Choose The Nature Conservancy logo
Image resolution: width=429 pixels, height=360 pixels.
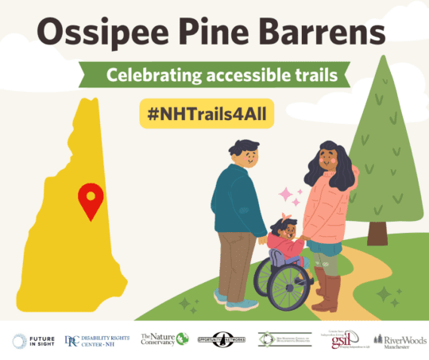pos(164,339)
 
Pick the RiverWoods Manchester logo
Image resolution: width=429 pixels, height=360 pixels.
pos(404,341)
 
